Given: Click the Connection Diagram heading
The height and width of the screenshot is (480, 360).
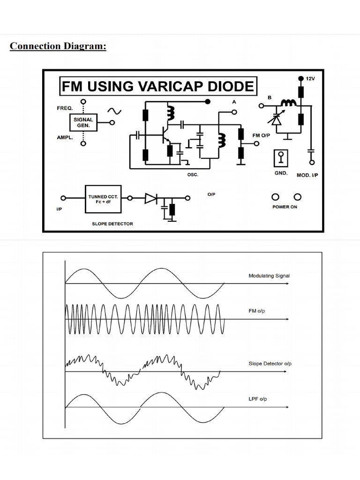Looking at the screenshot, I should (x=58, y=46).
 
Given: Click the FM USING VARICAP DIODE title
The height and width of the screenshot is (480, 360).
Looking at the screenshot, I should (x=158, y=87).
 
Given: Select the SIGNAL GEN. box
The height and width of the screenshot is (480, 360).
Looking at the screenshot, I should (x=83, y=123).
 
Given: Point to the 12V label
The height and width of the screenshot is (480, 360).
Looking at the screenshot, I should (x=310, y=79).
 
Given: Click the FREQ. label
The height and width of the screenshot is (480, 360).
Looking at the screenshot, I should (x=65, y=108).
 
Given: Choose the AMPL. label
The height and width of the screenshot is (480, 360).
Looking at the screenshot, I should (x=65, y=138).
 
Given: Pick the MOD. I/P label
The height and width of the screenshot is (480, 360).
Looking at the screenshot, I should (x=307, y=175).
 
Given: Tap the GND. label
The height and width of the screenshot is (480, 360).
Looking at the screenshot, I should (x=281, y=173).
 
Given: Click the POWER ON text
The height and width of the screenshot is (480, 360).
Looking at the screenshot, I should (x=285, y=207).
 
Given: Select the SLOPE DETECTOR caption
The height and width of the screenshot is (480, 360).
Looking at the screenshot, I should (x=112, y=224).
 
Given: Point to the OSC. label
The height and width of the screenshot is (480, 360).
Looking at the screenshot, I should (x=193, y=175).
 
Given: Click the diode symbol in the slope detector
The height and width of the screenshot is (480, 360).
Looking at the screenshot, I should (x=151, y=199).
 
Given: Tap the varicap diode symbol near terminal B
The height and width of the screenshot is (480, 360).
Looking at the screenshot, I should (x=276, y=119).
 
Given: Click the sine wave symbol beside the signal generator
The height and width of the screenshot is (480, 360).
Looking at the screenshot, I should (x=114, y=111).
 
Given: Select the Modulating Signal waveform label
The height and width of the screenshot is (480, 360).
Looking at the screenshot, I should (x=269, y=276).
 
